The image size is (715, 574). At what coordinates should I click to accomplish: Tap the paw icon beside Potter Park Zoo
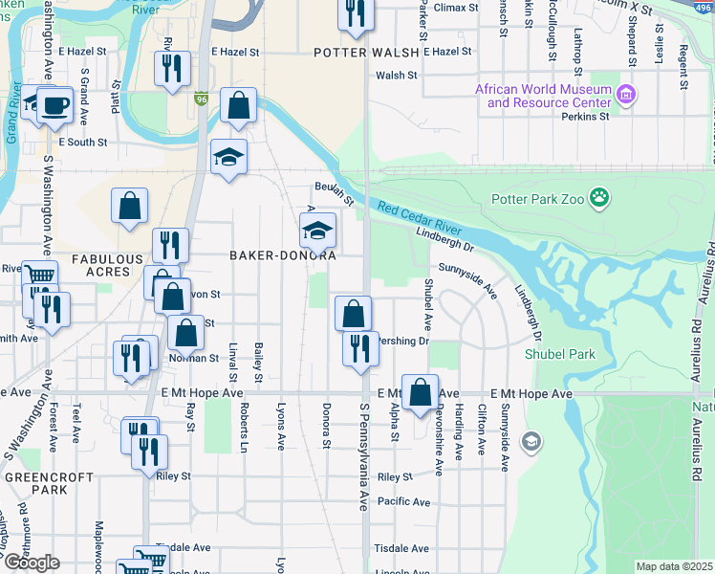[x=600, y=199]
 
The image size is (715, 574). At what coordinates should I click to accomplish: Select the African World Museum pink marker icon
[x=626, y=94]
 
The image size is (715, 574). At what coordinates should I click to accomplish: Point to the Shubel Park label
[x=559, y=354]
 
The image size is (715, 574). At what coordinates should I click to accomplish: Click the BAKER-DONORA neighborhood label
[x=282, y=256]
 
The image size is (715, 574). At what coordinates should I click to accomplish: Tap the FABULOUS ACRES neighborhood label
[x=107, y=267]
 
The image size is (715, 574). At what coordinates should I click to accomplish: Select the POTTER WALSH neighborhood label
[x=367, y=54]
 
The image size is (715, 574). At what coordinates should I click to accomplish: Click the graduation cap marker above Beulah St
[x=228, y=156]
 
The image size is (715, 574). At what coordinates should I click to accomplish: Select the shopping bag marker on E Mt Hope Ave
[x=420, y=391]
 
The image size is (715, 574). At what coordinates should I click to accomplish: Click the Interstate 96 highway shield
[x=200, y=99]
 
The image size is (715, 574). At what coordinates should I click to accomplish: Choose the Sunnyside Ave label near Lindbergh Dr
[x=468, y=277]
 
